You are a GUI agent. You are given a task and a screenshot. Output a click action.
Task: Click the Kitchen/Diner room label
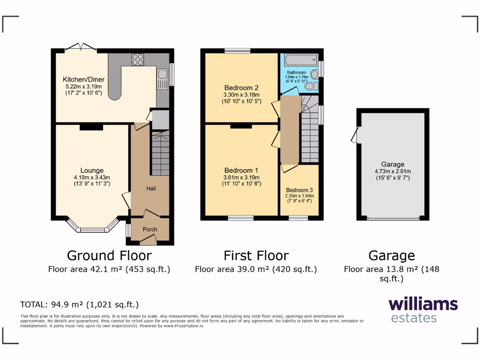click(x=83, y=79)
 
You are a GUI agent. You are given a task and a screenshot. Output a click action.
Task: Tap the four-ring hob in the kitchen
click(x=138, y=60)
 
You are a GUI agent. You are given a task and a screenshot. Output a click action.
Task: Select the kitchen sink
click(x=162, y=75)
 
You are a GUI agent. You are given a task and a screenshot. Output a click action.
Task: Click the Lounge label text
click(x=92, y=171)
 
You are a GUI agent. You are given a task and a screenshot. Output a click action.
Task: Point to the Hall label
click(x=150, y=188)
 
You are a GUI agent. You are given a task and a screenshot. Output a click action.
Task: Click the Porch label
click(x=150, y=229)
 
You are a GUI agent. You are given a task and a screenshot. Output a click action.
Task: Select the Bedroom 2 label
click(x=241, y=88)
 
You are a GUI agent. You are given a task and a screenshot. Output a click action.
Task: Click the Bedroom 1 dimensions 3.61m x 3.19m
click(x=241, y=177)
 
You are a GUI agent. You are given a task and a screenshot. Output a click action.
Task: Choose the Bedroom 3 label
click(x=299, y=190)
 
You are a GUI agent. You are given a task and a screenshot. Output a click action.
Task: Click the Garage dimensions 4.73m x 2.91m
click(x=392, y=171)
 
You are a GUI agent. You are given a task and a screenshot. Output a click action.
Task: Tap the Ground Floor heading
click(x=109, y=255)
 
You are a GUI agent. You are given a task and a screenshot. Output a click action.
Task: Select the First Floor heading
click(x=256, y=255)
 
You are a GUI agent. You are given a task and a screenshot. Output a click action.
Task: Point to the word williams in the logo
click(x=423, y=304)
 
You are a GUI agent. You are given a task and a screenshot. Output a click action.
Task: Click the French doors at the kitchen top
click(x=81, y=47)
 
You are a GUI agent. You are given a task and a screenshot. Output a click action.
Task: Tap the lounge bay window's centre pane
click(x=92, y=230)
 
